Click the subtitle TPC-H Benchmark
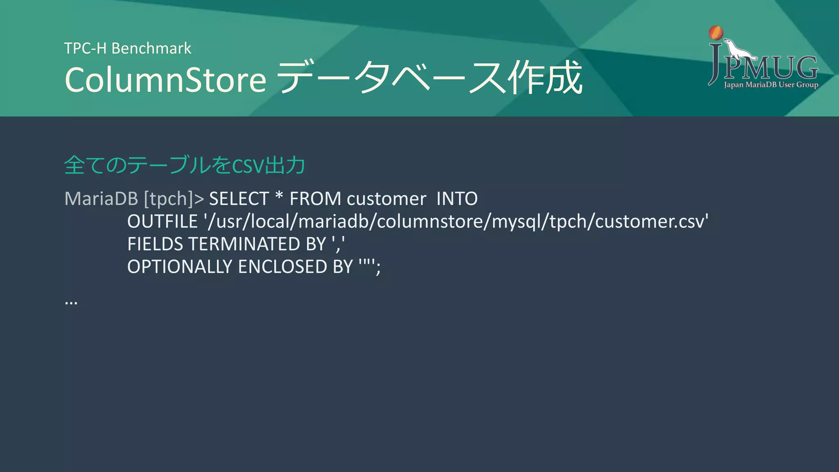coord(127,48)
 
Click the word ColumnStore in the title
coord(166,79)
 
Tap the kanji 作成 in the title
coord(545,78)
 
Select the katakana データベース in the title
coord(391,78)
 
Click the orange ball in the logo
coord(716,33)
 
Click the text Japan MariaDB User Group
coord(771,85)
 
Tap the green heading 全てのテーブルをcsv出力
coord(184,165)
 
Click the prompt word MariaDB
coord(101,199)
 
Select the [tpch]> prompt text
coord(174,199)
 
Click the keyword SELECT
coord(239,199)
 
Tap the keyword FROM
coord(315,199)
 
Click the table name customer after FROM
coord(386,199)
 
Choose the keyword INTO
coord(457,199)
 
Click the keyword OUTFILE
coord(163,222)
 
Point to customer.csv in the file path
coord(651,222)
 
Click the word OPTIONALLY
coord(180,267)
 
